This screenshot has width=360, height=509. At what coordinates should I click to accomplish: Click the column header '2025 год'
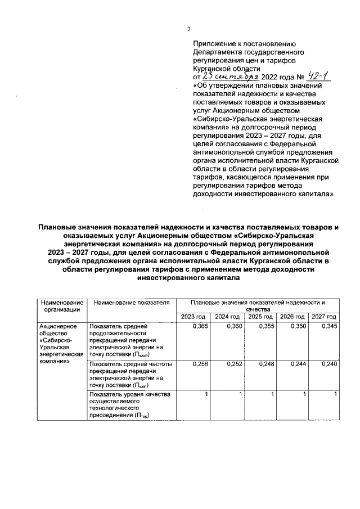(x=260, y=317)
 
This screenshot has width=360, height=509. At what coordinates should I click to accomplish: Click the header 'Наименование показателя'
(x=132, y=303)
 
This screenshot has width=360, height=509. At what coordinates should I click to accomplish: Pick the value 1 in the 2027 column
(x=335, y=395)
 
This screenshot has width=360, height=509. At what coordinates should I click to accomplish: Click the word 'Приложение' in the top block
(x=213, y=43)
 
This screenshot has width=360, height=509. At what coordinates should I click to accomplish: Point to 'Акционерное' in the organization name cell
(x=57, y=326)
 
